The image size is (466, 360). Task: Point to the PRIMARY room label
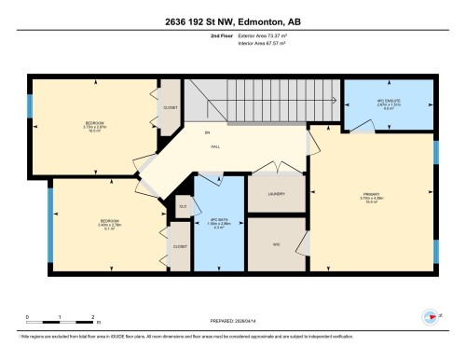[372, 196]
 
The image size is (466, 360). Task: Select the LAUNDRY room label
[275, 193]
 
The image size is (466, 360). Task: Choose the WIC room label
[275, 244]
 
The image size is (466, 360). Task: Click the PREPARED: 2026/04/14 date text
[232, 321]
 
